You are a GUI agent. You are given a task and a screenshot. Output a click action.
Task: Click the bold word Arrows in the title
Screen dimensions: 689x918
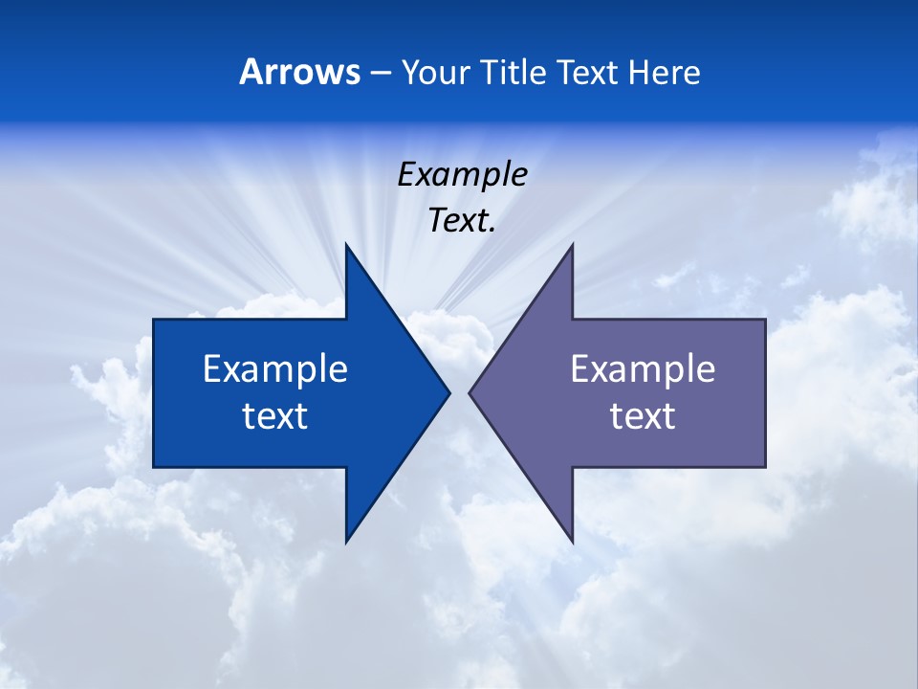(299, 72)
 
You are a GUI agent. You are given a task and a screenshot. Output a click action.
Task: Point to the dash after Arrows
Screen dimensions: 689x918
(380, 74)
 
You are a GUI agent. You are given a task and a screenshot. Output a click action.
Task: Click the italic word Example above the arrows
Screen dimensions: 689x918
(462, 175)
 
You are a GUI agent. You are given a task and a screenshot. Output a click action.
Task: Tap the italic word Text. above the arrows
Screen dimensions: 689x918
(462, 221)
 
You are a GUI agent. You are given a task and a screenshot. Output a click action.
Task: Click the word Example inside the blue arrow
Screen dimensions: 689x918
(275, 369)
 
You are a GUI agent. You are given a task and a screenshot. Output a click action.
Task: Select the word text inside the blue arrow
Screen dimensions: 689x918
(275, 416)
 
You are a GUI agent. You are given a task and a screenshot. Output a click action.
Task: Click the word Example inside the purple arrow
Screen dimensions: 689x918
(643, 369)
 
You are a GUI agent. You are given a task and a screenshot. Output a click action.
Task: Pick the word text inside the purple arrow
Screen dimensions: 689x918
(643, 416)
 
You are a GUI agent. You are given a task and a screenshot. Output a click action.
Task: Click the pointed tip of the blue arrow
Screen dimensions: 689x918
(448, 392)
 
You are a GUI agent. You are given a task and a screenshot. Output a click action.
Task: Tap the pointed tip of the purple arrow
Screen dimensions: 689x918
(470, 392)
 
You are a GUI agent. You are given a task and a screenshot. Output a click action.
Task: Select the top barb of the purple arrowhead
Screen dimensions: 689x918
(572, 246)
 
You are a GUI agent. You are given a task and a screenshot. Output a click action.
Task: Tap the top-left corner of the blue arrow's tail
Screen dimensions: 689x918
(154, 320)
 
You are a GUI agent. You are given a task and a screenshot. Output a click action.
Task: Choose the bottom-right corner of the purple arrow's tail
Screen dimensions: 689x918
(765, 466)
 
